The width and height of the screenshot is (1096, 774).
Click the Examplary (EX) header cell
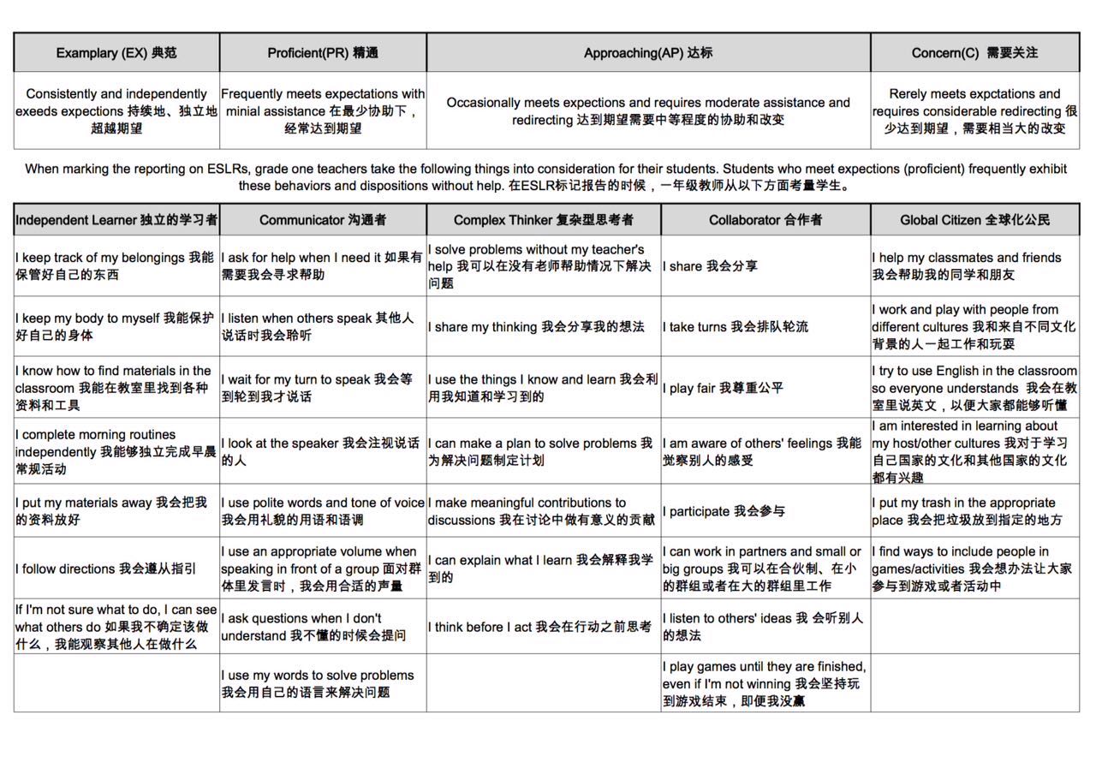pyautogui.click(x=116, y=53)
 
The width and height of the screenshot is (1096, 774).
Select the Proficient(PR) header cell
pyautogui.click(x=323, y=53)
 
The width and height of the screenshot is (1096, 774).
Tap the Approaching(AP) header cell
pyautogui.click(x=648, y=53)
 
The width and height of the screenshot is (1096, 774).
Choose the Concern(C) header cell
pyautogui.click(x=974, y=53)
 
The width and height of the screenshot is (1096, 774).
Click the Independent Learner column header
pyautogui.click(x=116, y=220)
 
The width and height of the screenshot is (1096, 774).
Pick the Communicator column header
pyautogui.click(x=323, y=220)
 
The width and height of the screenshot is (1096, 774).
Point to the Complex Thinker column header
pyautogui.click(x=544, y=220)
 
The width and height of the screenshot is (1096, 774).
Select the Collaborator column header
pyautogui.click(x=765, y=220)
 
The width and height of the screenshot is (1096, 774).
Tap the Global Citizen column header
pyautogui.click(x=974, y=220)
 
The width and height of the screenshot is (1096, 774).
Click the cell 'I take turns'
pyautogui.click(x=765, y=326)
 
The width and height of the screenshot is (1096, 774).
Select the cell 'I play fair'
pyautogui.click(x=765, y=388)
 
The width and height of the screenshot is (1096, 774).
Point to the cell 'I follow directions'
pyautogui.click(x=116, y=569)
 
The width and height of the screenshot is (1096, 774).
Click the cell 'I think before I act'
pyautogui.click(x=544, y=627)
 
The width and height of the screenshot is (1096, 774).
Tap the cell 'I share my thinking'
pyautogui.click(x=544, y=326)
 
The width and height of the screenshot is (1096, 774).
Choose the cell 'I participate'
pyautogui.click(x=765, y=511)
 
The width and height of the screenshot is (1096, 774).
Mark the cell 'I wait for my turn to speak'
pyautogui.click(x=323, y=388)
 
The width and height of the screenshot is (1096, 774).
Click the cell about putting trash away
pyautogui.click(x=974, y=511)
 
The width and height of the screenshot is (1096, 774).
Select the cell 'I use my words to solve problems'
pyautogui.click(x=323, y=683)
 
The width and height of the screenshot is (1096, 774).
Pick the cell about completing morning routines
pyautogui.click(x=116, y=451)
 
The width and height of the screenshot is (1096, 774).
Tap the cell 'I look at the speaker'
pyautogui.click(x=323, y=451)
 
